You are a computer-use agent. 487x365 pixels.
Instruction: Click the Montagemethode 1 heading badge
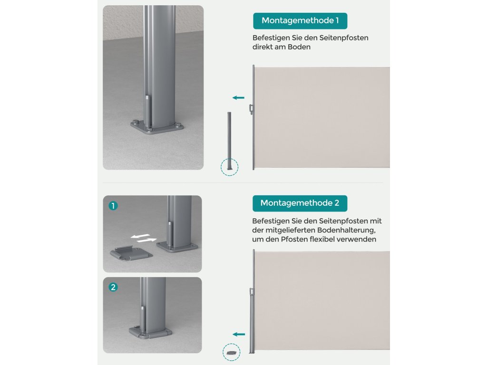[x=300, y=21]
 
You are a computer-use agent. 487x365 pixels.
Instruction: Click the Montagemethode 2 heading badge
[x=300, y=203]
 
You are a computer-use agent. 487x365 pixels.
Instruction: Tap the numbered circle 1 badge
[x=113, y=205]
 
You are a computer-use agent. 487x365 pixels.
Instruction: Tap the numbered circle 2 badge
[x=113, y=287]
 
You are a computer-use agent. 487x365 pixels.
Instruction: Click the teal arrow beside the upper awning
[x=239, y=98]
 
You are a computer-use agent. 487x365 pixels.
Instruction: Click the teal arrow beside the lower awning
[x=239, y=334]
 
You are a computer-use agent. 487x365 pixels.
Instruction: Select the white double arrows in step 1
[x=144, y=238]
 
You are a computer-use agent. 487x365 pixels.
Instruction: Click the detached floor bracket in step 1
[x=131, y=253]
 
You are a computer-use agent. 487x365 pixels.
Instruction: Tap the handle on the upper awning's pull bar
[x=251, y=109]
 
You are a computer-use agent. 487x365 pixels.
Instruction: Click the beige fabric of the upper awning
[x=322, y=117]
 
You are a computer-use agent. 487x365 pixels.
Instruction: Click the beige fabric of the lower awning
[x=322, y=300]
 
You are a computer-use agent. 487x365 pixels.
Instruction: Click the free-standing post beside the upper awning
[x=230, y=141]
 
